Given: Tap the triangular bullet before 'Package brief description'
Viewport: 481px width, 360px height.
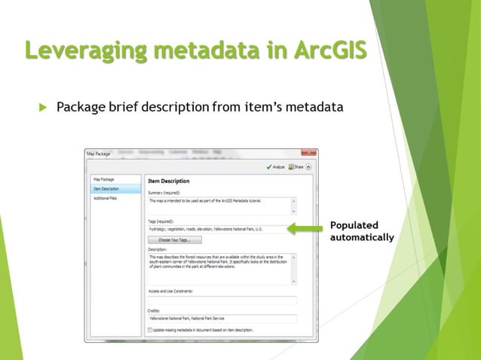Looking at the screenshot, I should click(x=42, y=108).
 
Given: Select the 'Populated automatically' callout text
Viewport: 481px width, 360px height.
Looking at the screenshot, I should click(x=362, y=231).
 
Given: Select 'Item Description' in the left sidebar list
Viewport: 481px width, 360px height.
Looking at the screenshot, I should click(x=106, y=189).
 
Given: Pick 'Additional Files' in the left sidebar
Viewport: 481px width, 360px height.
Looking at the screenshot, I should click(x=105, y=198).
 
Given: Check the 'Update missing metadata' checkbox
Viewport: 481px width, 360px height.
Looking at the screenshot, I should click(x=152, y=330).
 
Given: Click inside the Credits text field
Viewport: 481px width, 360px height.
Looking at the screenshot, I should click(x=222, y=319).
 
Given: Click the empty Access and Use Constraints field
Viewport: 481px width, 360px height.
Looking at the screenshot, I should click(x=222, y=300).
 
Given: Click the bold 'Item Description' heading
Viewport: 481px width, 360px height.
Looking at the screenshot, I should click(x=169, y=182).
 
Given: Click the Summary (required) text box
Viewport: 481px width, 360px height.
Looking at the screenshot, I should click(x=218, y=206).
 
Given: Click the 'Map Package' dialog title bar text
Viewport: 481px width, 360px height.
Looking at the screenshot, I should click(x=98, y=154).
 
